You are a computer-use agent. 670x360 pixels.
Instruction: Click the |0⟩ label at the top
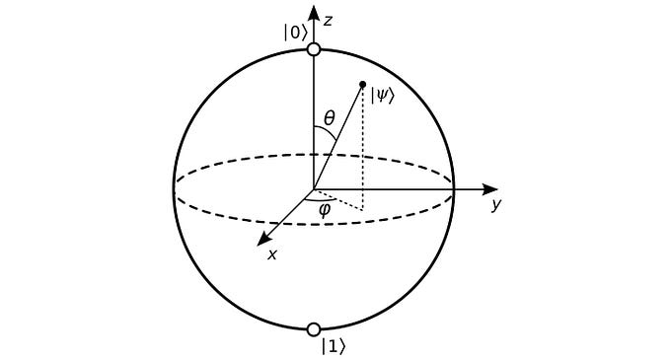point(294,33)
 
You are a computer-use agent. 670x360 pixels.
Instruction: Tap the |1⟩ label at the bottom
point(334,346)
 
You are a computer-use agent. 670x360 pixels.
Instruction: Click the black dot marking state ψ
point(363,84)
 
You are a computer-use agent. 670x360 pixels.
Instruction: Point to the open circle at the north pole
point(314,48)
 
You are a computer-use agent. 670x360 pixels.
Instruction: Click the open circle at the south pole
point(314,329)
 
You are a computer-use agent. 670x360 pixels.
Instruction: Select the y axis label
point(497,204)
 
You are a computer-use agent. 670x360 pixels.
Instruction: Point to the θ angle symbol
point(330,118)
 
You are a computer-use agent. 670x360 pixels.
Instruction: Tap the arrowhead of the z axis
point(314,12)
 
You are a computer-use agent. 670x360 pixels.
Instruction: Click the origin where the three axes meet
point(314,188)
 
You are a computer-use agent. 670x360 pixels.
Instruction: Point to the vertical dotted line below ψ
point(363,148)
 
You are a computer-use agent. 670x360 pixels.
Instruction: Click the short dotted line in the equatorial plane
point(340,199)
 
